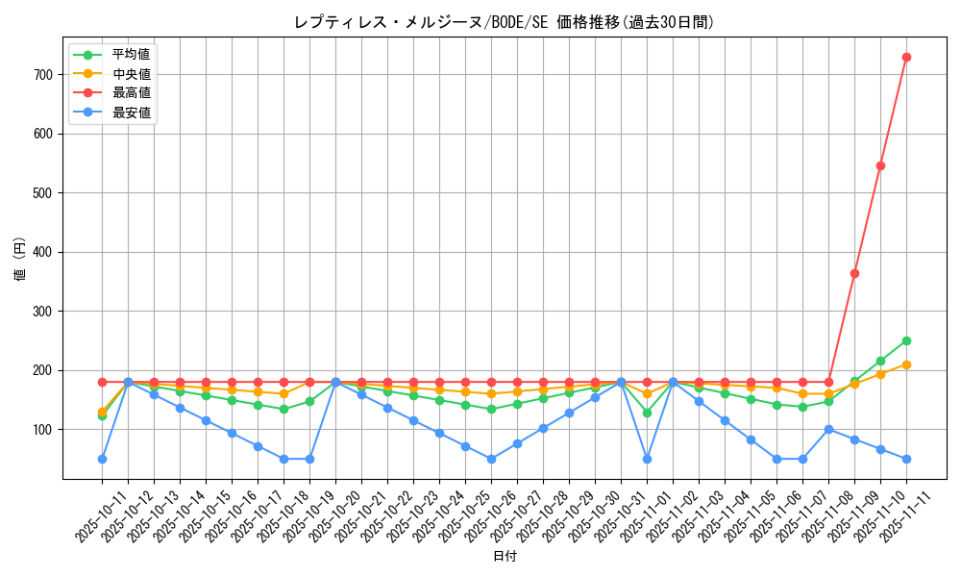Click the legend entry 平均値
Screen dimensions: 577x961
[x=132, y=55]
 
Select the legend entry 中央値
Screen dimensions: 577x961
[x=132, y=74]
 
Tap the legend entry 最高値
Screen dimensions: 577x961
[x=132, y=93]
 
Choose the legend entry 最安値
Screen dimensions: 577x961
[x=132, y=113]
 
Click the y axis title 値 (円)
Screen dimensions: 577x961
[x=20, y=261]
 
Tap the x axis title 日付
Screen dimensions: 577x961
[x=504, y=557]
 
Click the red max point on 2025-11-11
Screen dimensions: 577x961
[x=906, y=57]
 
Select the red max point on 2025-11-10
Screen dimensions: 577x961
[x=880, y=165]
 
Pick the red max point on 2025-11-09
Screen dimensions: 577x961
[x=854, y=273]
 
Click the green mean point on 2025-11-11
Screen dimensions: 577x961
[x=906, y=340]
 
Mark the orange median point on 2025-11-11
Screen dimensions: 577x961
[x=906, y=364]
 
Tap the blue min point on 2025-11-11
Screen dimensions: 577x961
[x=906, y=459]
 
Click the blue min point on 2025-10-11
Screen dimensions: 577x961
[x=102, y=459]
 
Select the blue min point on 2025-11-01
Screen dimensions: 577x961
[x=647, y=459]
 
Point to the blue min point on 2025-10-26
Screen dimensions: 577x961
[x=491, y=459]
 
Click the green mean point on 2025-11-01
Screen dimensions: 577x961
[x=647, y=413]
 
